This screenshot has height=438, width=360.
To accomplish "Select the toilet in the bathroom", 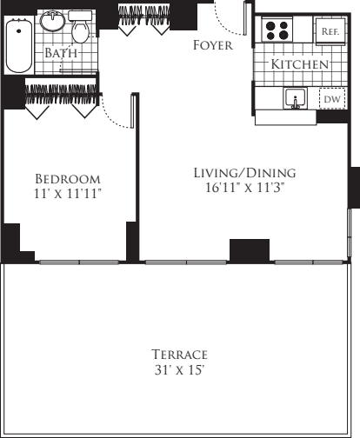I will click(79, 30).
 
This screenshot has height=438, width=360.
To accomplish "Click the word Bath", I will click(61, 53).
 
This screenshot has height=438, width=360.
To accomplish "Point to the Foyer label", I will click(212, 45).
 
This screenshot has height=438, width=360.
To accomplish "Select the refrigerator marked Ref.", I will click(329, 30).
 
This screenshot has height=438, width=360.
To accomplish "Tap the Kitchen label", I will click(299, 65).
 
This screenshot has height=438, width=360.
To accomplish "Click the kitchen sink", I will click(296, 99).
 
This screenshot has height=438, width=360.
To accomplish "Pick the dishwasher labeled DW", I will click(331, 100).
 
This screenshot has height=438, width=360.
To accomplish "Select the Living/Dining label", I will click(244, 172).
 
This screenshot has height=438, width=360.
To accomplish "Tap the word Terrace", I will click(179, 355).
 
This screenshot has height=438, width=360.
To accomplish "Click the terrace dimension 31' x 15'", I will click(179, 370).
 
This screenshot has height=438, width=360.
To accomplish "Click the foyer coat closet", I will click(143, 19).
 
